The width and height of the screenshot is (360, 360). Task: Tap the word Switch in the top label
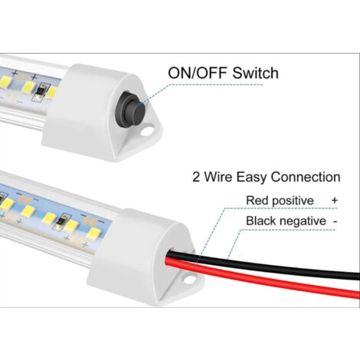click(255, 73)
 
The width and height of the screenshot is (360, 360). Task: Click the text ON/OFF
click(198, 73)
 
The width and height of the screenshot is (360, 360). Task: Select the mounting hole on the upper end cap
click(146, 132)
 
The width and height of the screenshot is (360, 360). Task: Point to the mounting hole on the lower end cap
click(188, 280)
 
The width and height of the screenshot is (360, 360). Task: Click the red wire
click(263, 278)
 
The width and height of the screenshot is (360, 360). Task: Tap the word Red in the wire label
click(257, 200)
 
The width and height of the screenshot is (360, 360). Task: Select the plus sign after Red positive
click(334, 200)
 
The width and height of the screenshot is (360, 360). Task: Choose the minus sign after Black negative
click(335, 221)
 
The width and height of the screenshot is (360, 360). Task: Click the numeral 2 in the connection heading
click(196, 177)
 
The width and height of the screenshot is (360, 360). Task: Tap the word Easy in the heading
click(252, 178)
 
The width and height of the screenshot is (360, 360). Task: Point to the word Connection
click(306, 177)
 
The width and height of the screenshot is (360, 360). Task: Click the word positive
click(293, 201)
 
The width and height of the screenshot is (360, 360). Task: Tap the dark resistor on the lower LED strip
click(61, 221)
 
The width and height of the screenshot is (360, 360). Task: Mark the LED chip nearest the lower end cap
click(93, 234)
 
